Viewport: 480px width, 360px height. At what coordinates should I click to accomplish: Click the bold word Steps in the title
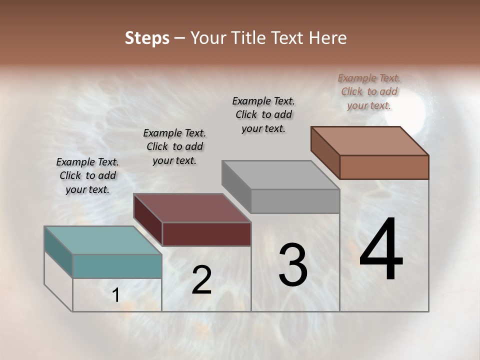click(x=147, y=38)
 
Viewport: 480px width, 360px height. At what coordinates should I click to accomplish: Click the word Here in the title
click(x=327, y=38)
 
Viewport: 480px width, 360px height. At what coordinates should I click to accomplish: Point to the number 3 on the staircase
click(x=292, y=265)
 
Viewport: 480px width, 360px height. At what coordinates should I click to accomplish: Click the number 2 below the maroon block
click(x=201, y=280)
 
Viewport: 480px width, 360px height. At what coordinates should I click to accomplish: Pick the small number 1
click(x=116, y=295)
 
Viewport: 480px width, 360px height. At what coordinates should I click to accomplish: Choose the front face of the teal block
click(x=117, y=266)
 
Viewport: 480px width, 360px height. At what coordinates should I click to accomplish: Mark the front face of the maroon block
click(x=206, y=234)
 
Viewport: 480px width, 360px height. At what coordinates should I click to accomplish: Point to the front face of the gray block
click(x=295, y=201)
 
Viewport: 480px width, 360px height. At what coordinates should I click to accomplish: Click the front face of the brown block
click(x=384, y=167)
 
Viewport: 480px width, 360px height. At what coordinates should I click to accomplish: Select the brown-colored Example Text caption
click(x=369, y=91)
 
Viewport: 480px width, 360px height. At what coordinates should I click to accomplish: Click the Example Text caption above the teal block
click(x=87, y=175)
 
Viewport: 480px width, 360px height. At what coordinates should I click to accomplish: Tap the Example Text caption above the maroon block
click(x=174, y=146)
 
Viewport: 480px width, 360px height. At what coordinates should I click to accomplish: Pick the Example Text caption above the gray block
click(x=263, y=114)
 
